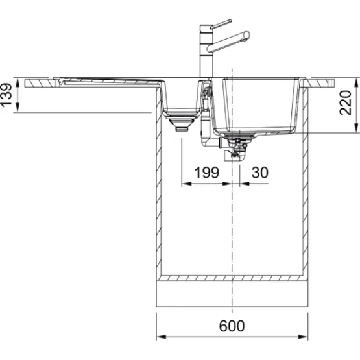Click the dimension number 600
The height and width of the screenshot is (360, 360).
[232, 326]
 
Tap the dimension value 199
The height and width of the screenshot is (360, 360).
[207, 173]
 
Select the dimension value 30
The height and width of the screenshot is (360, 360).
[259, 173]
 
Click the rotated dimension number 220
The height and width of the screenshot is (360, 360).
[346, 103]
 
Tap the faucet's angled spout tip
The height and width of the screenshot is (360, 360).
[246, 35]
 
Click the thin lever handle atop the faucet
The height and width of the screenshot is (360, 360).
[221, 25]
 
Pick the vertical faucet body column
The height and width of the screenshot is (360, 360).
[206, 51]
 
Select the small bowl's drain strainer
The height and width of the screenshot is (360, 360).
[182, 123]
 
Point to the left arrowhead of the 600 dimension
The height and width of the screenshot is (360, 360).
[161, 337]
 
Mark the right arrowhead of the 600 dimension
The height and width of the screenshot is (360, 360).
[303, 337]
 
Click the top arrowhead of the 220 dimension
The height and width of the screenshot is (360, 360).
[356, 83]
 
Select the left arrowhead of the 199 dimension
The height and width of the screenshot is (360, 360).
[186, 184]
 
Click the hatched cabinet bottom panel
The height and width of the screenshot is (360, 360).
[232, 278]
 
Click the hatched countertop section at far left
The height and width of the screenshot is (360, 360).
[40, 83]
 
